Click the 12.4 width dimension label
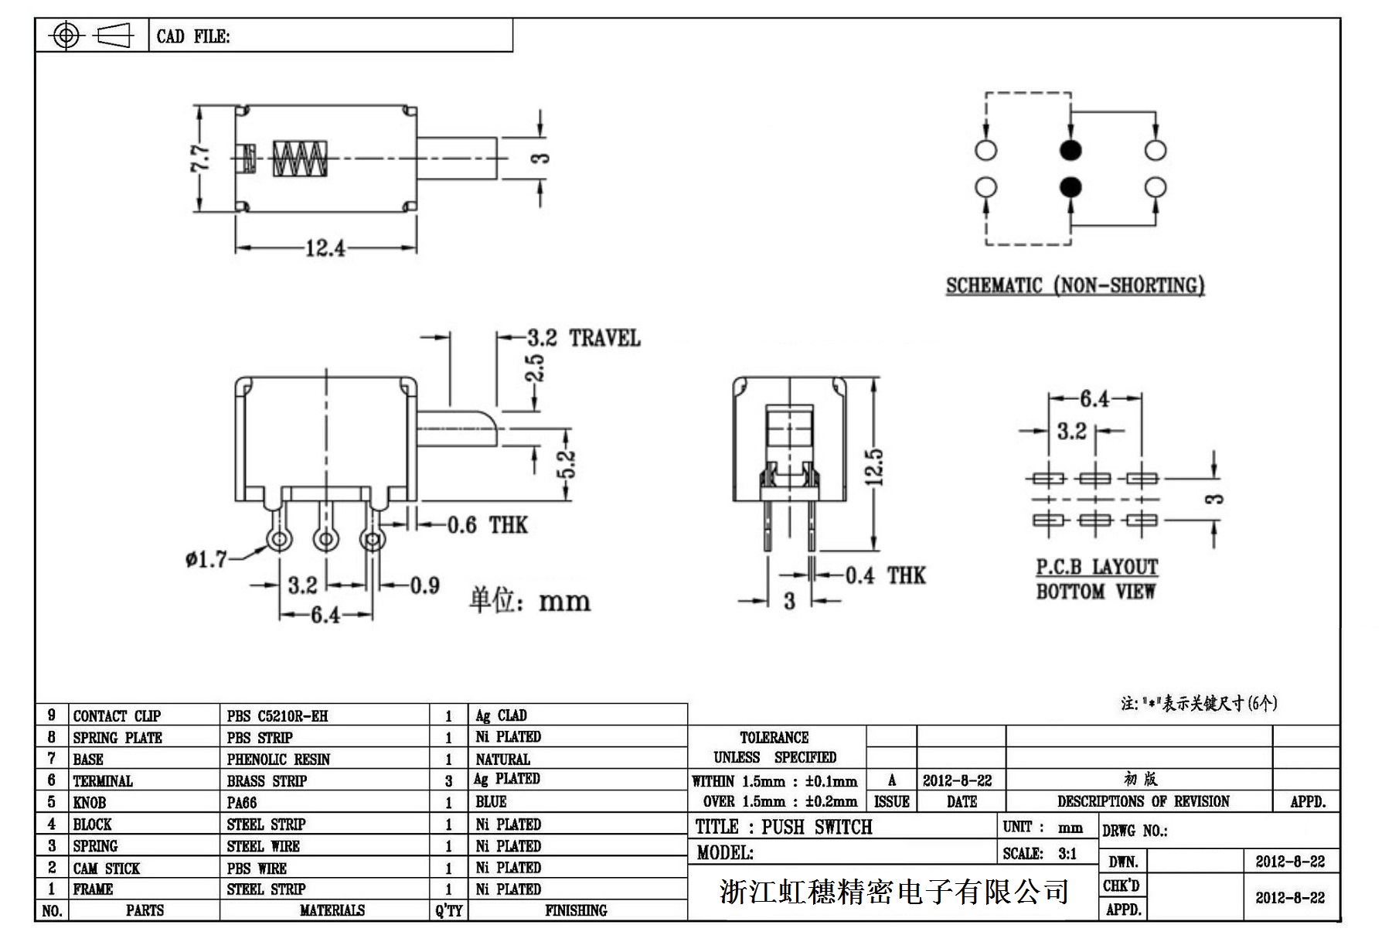[x=325, y=248]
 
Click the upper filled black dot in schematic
[x=1071, y=150]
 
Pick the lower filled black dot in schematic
[x=1071, y=186]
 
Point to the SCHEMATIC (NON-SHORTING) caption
[x=1075, y=286]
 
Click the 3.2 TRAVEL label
[x=584, y=338]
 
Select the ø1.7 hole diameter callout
[x=206, y=558]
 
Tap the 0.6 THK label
[x=487, y=526]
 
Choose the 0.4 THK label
[x=884, y=575]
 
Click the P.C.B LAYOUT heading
[x=1097, y=568]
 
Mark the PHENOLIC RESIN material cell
[x=278, y=759]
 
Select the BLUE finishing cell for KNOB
[x=491, y=802]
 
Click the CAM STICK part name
[x=107, y=869]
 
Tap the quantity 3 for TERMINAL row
[x=448, y=781]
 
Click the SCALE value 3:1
[x=1067, y=854]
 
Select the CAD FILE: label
[x=193, y=36]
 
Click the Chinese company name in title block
[x=894, y=892]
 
